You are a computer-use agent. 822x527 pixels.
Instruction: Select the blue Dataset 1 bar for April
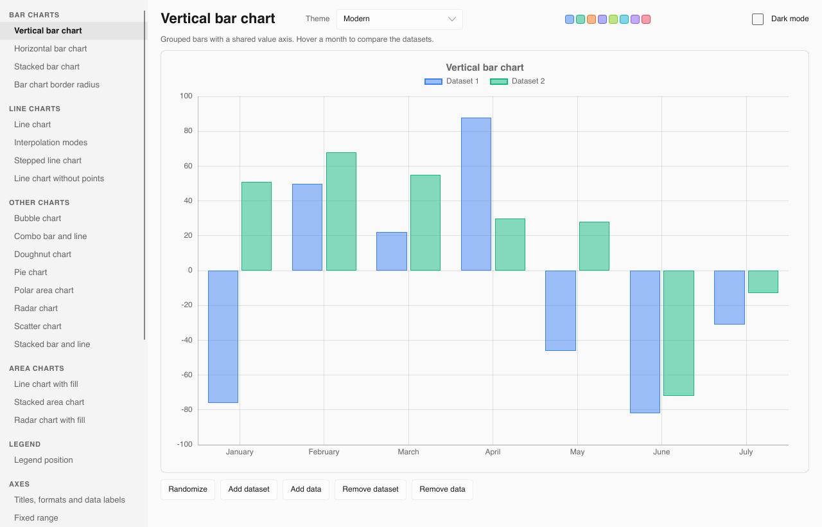point(476,194)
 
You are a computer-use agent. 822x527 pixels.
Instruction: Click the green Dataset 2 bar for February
point(341,211)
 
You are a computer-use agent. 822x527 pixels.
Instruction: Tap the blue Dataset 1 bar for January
point(223,337)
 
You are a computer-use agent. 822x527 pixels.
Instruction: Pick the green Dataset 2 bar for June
point(679,333)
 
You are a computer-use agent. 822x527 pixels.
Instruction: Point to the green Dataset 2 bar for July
point(764,281)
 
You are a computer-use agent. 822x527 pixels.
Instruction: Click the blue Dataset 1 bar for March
point(392,251)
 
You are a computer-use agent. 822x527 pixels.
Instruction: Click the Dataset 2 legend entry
point(518,81)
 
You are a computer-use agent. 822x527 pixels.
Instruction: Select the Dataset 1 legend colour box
point(433,82)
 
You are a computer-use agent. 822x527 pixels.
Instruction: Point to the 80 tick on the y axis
point(188,130)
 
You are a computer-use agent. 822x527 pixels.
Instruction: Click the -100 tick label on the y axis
point(184,444)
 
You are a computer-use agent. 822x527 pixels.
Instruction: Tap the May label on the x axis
point(577,452)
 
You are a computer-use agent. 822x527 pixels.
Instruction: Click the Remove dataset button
point(371,489)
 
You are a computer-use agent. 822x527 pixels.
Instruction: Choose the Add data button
point(306,489)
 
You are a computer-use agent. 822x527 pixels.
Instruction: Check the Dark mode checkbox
point(757,19)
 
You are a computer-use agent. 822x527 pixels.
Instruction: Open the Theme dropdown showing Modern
point(399,19)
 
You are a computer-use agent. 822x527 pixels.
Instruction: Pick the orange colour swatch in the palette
point(591,19)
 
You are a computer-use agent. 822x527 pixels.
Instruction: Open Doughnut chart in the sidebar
point(42,254)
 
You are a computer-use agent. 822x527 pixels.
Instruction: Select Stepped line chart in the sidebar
point(48,161)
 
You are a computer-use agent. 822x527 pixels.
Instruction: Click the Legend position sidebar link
point(43,460)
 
